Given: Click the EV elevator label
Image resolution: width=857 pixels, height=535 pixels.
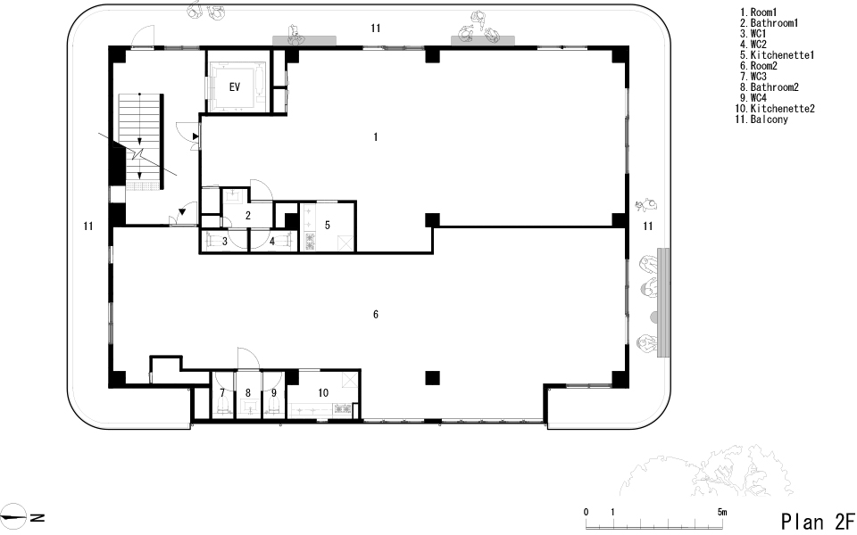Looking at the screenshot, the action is point(235,86).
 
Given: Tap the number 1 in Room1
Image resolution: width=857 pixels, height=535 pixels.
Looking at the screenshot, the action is point(376,136).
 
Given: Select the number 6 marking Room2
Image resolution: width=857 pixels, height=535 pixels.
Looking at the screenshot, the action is point(376,315).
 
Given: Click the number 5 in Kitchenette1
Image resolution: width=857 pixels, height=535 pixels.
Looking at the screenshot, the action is point(328,225).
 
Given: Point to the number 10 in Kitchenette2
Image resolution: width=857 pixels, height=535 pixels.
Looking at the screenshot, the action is point(323,392).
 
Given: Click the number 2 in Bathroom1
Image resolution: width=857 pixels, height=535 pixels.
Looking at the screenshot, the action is point(247,216).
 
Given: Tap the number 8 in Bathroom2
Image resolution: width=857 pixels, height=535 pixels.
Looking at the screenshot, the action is point(247,392).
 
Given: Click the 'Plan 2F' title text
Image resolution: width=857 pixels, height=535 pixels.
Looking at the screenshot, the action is point(817,522).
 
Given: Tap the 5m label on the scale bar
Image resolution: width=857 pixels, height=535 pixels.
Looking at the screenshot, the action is point(722,512).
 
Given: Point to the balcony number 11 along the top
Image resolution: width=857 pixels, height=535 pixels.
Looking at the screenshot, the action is point(375,28).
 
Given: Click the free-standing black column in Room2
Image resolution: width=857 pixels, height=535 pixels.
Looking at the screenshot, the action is point(432,378).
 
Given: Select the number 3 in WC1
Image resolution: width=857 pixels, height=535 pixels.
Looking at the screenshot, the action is point(225,241).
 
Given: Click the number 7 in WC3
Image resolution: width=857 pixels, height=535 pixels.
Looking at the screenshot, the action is point(222,392).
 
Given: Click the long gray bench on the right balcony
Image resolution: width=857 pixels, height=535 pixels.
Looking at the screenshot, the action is point(663,302).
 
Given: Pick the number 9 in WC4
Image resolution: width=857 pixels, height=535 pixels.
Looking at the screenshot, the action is point(274,392).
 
